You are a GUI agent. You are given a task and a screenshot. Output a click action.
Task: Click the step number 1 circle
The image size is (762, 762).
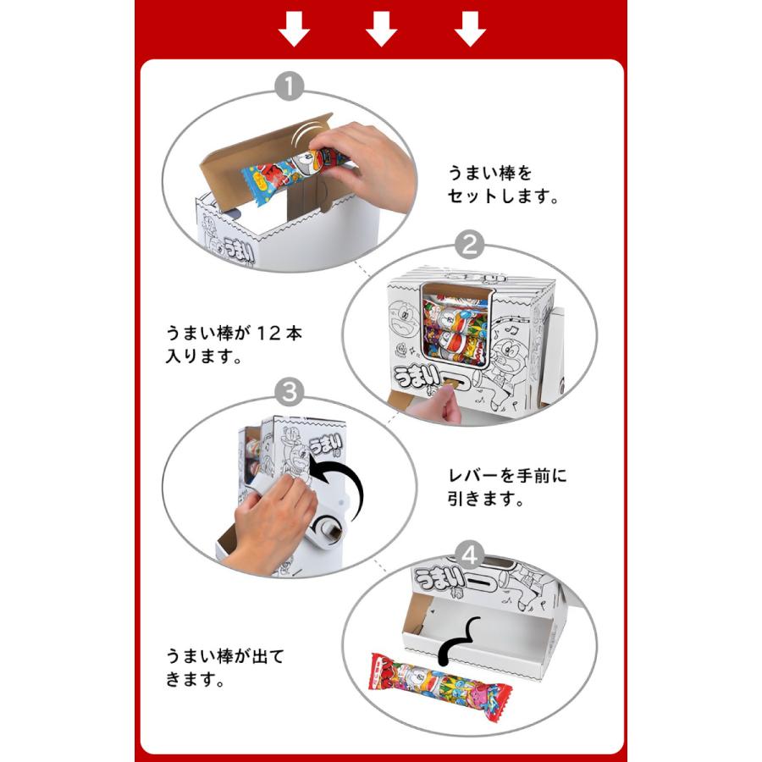point(290,86)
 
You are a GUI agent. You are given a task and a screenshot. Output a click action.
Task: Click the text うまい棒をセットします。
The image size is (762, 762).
point(503,185)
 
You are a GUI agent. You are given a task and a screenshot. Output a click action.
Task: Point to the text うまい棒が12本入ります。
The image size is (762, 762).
point(234,345)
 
